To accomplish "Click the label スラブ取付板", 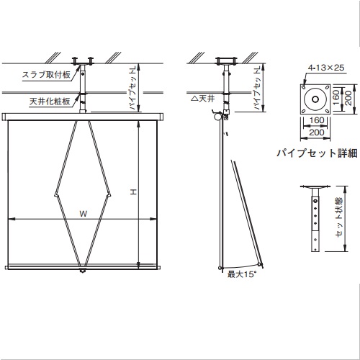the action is point(46,75).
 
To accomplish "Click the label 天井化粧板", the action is point(50,102).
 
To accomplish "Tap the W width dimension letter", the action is point(84,214).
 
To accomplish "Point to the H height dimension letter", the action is point(134,192).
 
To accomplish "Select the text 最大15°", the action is point(240,274).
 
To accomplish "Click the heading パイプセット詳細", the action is point(317,153).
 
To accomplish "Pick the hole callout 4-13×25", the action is point(326,68).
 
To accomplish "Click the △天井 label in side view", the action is point(203,99).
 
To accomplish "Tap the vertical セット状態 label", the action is point(339,217).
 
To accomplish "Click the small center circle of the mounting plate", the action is point(315,99).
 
